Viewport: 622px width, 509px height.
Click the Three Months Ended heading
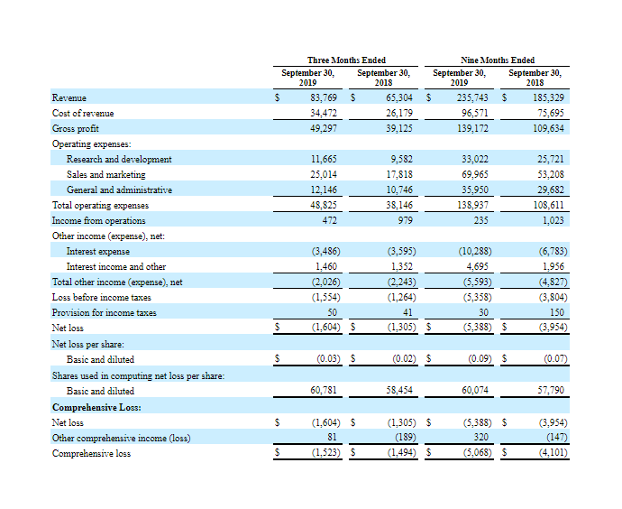pyautogui.click(x=346, y=60)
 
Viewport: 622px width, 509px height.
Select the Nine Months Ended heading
pyautogui.click(x=498, y=60)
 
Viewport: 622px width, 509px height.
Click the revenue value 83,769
pyautogui.click(x=324, y=97)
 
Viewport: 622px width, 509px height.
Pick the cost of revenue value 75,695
pyautogui.click(x=551, y=113)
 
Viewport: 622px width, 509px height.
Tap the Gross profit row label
pyautogui.click(x=76, y=129)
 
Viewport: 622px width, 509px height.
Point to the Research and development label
pyautogui.click(x=119, y=159)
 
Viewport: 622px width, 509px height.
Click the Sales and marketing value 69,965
pyautogui.click(x=475, y=174)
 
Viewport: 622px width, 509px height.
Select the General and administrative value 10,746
pyautogui.click(x=399, y=190)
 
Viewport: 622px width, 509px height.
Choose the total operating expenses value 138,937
pyautogui.click(x=472, y=205)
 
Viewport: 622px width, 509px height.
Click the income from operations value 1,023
pyautogui.click(x=553, y=220)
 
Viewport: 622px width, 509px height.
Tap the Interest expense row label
pyautogui.click(x=98, y=251)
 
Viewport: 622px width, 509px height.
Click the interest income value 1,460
pyautogui.click(x=326, y=266)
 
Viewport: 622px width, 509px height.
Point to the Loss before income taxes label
pyautogui.click(x=102, y=298)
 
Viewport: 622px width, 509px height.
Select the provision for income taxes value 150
pyautogui.click(x=557, y=312)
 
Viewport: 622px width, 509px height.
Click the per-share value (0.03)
pyautogui.click(x=328, y=359)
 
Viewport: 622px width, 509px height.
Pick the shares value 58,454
pyautogui.click(x=399, y=390)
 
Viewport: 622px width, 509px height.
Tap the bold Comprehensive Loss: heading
pyautogui.click(x=96, y=407)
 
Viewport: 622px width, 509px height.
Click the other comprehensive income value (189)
pyautogui.click(x=406, y=438)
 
